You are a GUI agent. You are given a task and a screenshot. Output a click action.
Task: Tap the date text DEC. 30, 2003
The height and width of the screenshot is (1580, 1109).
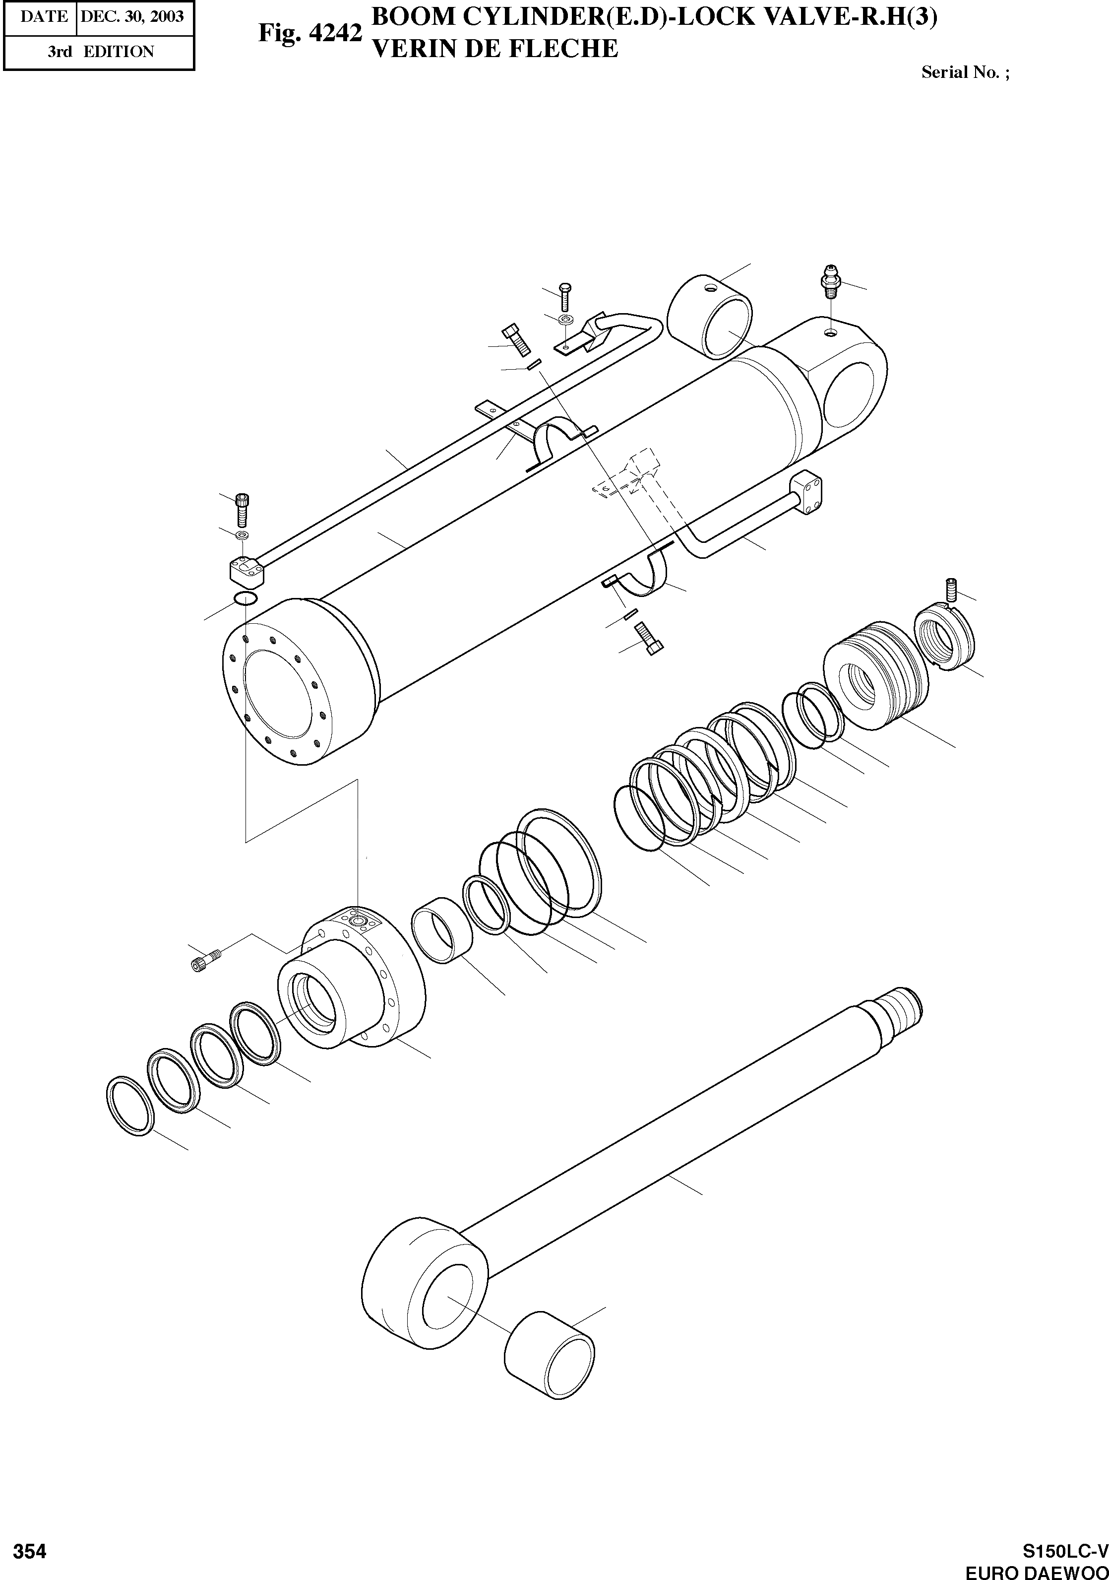point(132,16)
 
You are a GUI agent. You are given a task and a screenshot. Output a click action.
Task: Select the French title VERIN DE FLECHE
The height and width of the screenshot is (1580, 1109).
point(494,50)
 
